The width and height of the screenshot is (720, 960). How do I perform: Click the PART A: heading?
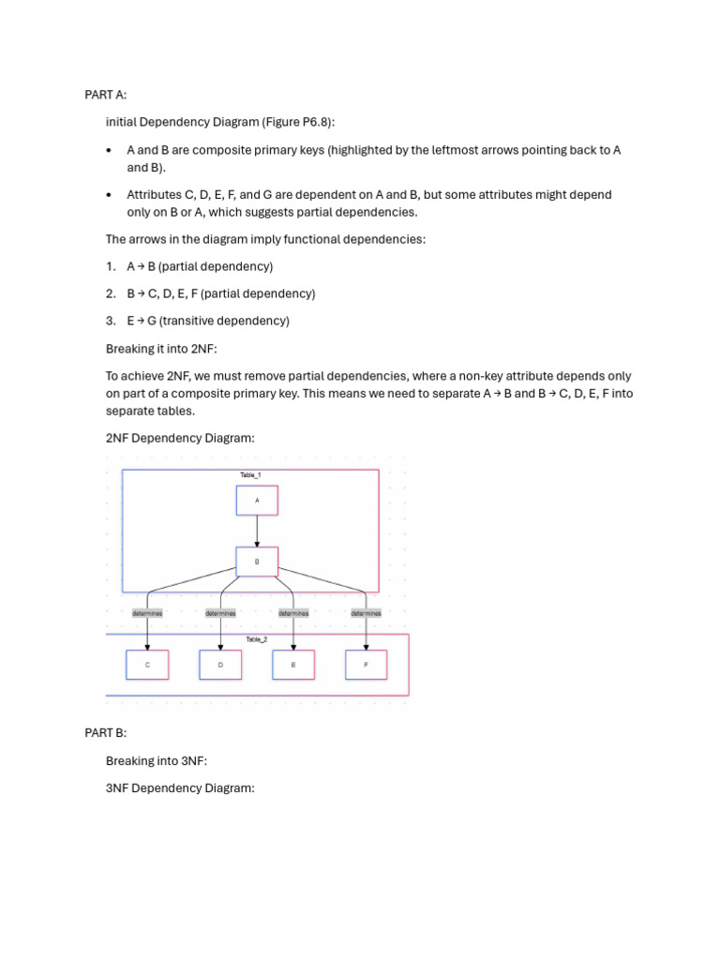[x=105, y=95]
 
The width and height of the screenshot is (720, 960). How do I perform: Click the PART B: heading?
[x=105, y=732]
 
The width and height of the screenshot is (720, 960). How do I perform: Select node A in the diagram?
[x=257, y=501]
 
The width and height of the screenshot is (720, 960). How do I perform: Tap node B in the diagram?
[x=257, y=562]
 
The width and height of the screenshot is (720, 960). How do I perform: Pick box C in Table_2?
[x=147, y=665]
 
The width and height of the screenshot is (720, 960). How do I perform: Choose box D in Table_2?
[x=220, y=665]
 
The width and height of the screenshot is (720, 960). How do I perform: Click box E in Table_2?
[x=293, y=665]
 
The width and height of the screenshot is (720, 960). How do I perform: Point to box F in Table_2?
[x=367, y=665]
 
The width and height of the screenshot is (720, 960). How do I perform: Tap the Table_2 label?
[x=256, y=639]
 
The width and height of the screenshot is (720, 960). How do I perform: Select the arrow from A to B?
[x=257, y=532]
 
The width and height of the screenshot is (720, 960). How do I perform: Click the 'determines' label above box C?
[x=147, y=613]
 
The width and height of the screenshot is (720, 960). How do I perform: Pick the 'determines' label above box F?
[x=367, y=613]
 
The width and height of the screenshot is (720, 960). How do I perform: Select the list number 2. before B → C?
[x=111, y=293]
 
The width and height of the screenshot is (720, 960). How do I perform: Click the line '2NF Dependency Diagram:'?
[x=180, y=438]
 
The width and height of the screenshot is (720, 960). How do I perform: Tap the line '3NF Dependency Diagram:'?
[x=180, y=787]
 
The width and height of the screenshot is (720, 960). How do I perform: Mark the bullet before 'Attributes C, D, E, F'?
[x=110, y=195]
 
